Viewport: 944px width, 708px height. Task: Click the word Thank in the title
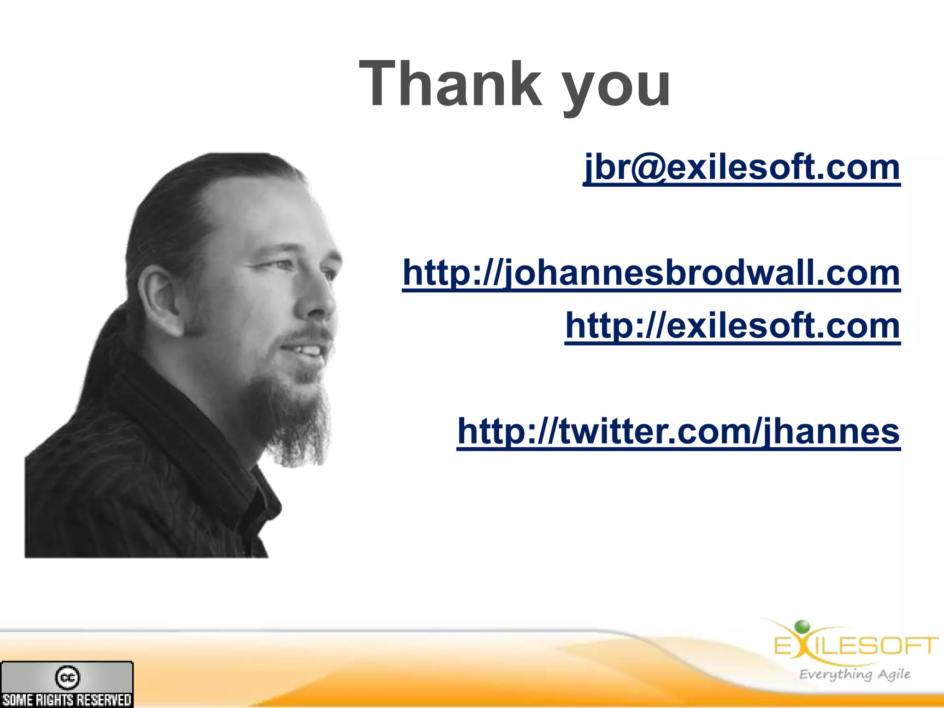(451, 84)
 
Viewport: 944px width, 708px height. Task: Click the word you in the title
(617, 88)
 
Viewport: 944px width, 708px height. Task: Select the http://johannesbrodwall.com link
(651, 273)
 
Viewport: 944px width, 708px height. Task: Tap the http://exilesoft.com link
(732, 326)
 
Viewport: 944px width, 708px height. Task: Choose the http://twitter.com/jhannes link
(678, 431)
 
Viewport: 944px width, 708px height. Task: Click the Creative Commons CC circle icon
(67, 677)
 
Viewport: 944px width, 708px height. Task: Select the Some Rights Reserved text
(67, 700)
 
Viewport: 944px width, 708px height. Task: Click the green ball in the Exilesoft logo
(802, 626)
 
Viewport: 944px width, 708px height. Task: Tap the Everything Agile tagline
(855, 674)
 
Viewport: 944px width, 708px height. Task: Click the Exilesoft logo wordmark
(856, 645)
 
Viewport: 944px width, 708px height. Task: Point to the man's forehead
(258, 217)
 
